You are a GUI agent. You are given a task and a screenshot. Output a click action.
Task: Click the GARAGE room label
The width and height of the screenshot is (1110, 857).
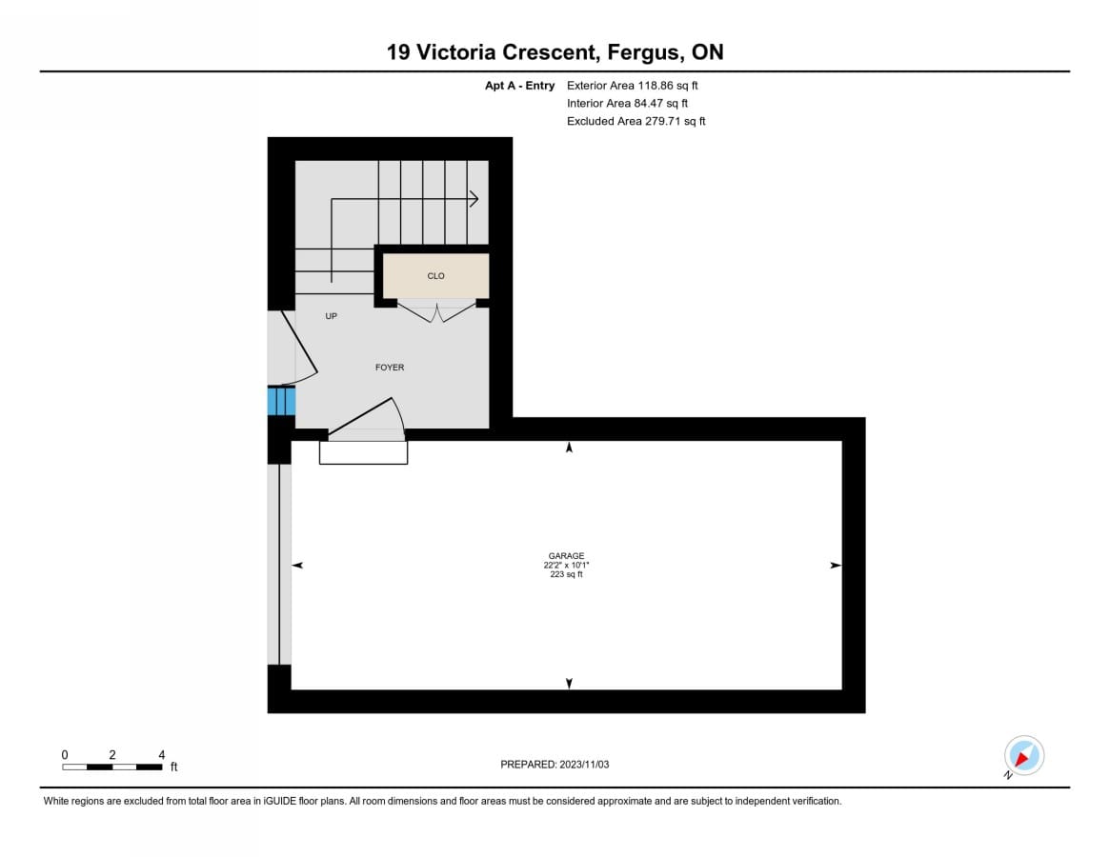click(x=566, y=556)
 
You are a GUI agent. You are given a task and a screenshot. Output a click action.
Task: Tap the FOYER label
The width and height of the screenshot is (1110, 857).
click(x=390, y=368)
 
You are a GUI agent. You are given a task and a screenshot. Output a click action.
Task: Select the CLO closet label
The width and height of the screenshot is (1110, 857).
click(x=436, y=276)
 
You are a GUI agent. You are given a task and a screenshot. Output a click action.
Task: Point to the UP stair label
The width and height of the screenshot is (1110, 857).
click(x=332, y=316)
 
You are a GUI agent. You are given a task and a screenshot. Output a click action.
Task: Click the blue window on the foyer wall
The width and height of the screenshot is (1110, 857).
click(x=281, y=401)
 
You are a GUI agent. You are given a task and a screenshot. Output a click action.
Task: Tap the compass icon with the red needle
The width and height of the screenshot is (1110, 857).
click(x=1023, y=756)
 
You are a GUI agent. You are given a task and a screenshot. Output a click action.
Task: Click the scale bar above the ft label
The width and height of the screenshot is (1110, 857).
click(x=111, y=767)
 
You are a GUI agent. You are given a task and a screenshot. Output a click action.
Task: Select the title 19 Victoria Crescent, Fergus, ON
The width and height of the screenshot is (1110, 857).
click(x=555, y=52)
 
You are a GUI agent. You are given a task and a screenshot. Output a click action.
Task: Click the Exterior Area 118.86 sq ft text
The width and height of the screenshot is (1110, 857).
click(x=632, y=86)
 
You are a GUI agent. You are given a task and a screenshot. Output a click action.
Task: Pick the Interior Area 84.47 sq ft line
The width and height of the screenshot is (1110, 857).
click(x=627, y=104)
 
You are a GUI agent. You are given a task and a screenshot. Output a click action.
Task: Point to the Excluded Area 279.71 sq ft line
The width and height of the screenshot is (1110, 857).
click(x=636, y=121)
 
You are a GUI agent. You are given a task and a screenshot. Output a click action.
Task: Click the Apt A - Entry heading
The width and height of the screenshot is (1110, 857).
click(x=519, y=86)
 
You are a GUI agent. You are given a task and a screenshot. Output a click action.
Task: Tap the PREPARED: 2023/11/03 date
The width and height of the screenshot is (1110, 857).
click(x=555, y=765)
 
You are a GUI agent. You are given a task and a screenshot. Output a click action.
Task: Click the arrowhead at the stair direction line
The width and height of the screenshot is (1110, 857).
click(x=475, y=200)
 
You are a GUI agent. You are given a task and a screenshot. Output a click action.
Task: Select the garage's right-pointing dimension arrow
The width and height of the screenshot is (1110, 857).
click(x=836, y=566)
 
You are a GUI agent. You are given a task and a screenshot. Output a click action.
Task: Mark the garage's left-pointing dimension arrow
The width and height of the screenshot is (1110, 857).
click(x=297, y=565)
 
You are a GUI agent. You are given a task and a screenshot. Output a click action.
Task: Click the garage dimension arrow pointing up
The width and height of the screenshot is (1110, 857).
click(x=569, y=448)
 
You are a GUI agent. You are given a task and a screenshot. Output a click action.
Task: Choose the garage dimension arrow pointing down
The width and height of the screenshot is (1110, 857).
click(x=569, y=684)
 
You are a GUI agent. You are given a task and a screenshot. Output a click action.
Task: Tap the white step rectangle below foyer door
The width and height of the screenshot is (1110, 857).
click(x=363, y=453)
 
